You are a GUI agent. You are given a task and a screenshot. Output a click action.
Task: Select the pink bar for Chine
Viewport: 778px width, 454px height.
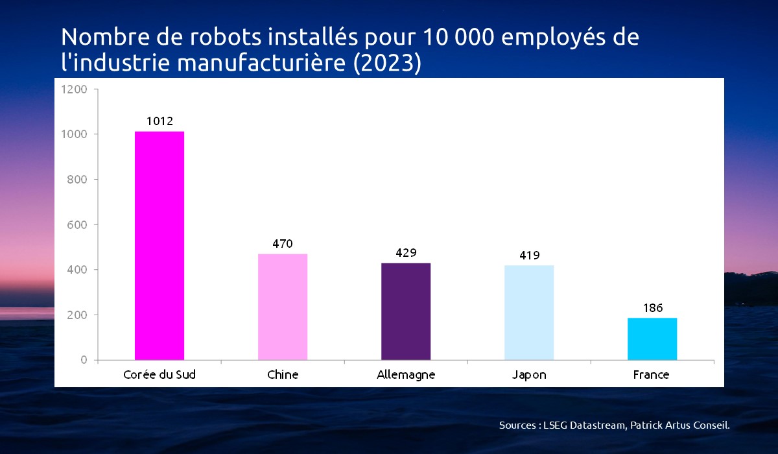pyautogui.click(x=283, y=306)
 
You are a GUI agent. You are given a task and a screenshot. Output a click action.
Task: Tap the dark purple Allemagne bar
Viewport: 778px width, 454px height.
pyautogui.click(x=406, y=311)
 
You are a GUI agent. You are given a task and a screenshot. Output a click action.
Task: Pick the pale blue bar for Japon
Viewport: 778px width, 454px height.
pyautogui.click(x=529, y=312)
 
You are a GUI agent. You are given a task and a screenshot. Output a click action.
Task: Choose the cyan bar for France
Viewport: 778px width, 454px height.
pyautogui.click(x=652, y=339)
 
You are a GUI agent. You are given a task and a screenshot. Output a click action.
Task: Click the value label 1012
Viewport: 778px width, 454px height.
pyautogui.click(x=159, y=121)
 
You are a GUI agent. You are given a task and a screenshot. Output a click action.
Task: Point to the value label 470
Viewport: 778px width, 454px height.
pyautogui.click(x=283, y=244)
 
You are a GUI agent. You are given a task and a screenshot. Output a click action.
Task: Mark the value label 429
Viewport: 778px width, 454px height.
pyautogui.click(x=406, y=253)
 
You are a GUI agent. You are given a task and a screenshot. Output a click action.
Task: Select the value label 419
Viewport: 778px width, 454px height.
pyautogui.click(x=529, y=256)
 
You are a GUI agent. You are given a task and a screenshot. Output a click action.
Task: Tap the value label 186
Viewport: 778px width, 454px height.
pyautogui.click(x=652, y=308)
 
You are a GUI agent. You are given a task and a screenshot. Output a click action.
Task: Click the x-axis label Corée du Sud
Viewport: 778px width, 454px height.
pyautogui.click(x=159, y=375)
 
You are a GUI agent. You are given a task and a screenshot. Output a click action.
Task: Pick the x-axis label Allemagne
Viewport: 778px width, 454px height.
pyautogui.click(x=406, y=375)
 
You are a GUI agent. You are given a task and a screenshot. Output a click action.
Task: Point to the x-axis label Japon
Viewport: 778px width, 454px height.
pyautogui.click(x=529, y=376)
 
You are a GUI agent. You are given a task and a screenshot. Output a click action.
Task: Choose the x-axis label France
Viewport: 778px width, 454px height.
pyautogui.click(x=652, y=375)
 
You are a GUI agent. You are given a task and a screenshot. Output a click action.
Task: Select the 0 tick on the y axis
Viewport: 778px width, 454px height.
pyautogui.click(x=84, y=360)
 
